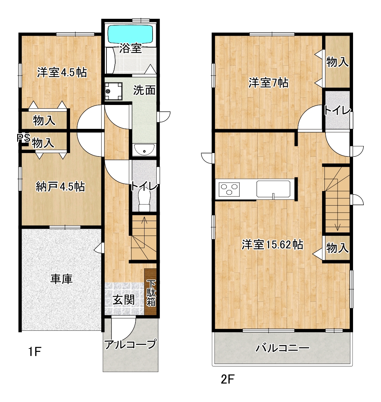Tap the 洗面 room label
[144, 90]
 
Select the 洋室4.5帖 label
[62, 73]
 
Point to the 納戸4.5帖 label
[60, 186]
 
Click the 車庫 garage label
[61, 279]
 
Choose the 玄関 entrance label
[124, 300]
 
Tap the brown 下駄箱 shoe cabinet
[151, 292]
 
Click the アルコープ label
[130, 344]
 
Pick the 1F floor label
[35, 352]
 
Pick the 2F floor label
[228, 379]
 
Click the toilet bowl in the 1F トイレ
[144, 201]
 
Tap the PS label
[24, 138]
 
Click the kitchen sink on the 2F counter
[274, 189]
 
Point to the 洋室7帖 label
[268, 83]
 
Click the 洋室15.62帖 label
[273, 245]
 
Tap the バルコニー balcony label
[282, 348]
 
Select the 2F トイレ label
[337, 110]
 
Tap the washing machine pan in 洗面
[114, 91]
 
